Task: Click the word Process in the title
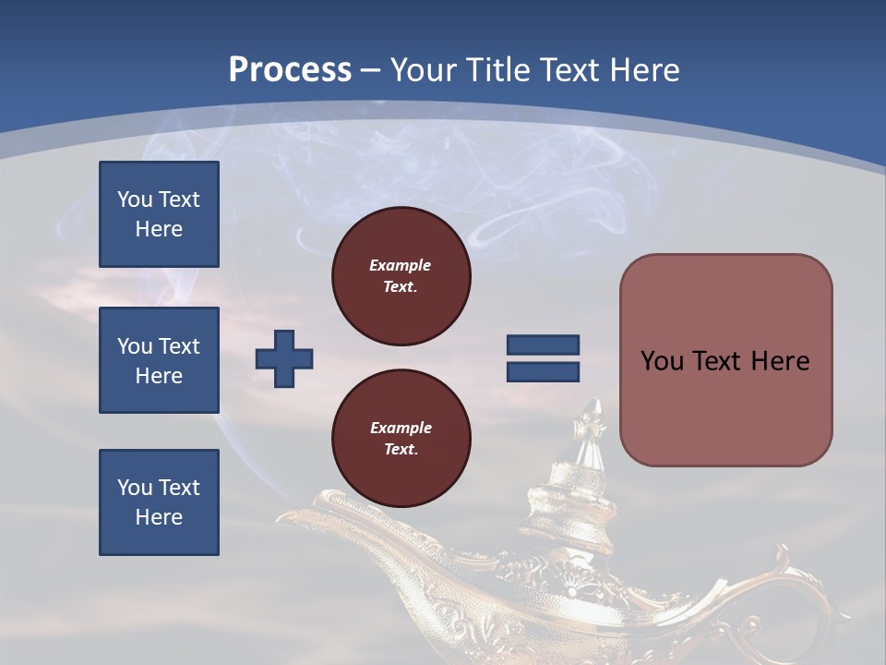(290, 69)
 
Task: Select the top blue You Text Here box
(159, 214)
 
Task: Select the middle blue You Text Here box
(159, 360)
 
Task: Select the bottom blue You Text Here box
(159, 502)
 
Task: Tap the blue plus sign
(284, 358)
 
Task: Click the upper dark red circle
(401, 276)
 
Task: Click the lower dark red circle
(401, 439)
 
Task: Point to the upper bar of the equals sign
(544, 345)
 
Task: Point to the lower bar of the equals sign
(544, 371)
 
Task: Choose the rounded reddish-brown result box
(725, 360)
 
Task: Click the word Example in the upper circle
(400, 265)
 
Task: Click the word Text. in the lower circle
(401, 450)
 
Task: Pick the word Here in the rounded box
(780, 361)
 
